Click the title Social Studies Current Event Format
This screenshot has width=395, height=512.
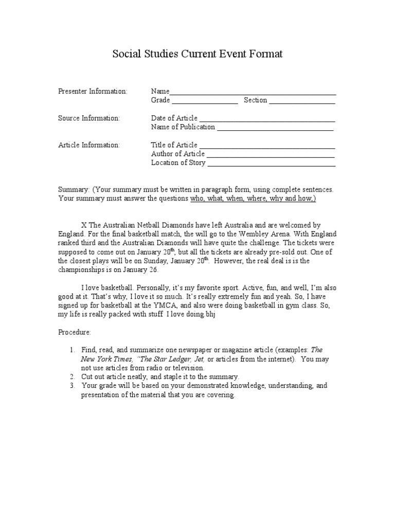pyautogui.click(x=197, y=54)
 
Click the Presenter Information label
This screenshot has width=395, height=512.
pyautogui.click(x=93, y=91)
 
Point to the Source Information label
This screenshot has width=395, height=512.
pyautogui.click(x=89, y=118)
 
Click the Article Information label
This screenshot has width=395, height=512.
pyautogui.click(x=89, y=145)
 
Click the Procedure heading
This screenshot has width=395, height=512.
pyautogui.click(x=75, y=332)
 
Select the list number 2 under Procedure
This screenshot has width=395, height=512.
pyautogui.click(x=73, y=377)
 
